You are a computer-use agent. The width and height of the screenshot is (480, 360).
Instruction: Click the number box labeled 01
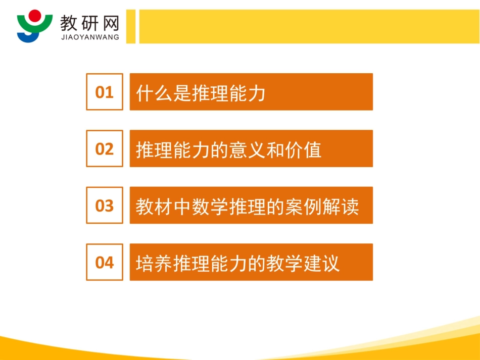click(x=105, y=92)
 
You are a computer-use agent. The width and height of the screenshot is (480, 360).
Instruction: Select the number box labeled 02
click(x=105, y=148)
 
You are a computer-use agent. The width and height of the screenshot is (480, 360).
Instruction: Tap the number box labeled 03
click(x=105, y=205)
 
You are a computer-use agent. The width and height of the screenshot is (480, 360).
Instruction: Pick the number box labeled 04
click(x=105, y=262)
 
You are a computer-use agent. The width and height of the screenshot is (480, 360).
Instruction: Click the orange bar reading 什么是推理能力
click(x=251, y=92)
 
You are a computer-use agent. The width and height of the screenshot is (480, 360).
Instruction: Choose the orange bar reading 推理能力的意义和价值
click(x=251, y=148)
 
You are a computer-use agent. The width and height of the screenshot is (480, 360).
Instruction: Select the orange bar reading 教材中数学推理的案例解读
click(x=251, y=205)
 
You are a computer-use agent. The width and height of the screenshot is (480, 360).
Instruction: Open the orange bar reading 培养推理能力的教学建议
click(x=251, y=262)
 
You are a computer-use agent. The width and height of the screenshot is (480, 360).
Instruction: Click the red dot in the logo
click(x=34, y=15)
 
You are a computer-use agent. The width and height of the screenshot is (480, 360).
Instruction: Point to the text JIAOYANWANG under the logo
click(x=89, y=37)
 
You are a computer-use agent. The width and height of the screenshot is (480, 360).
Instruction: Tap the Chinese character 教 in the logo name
click(x=69, y=22)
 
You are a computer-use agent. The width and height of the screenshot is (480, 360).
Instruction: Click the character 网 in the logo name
click(x=110, y=22)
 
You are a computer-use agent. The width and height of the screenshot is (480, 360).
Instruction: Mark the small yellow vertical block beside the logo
click(x=131, y=26)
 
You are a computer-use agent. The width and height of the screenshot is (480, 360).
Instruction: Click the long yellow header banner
click(x=308, y=26)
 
